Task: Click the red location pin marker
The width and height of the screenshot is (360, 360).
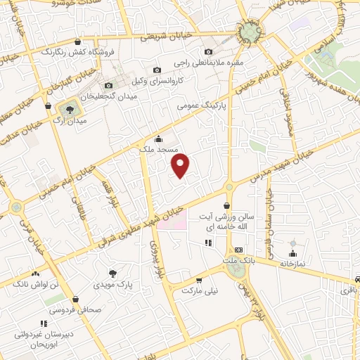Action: click(181, 166)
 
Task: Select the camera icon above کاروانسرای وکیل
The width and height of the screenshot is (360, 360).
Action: click(157, 70)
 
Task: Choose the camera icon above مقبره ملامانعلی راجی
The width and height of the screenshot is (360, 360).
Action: click(208, 51)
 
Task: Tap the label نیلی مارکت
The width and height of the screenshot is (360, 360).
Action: click(201, 289)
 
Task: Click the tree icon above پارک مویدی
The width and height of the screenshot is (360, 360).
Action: click(113, 272)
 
